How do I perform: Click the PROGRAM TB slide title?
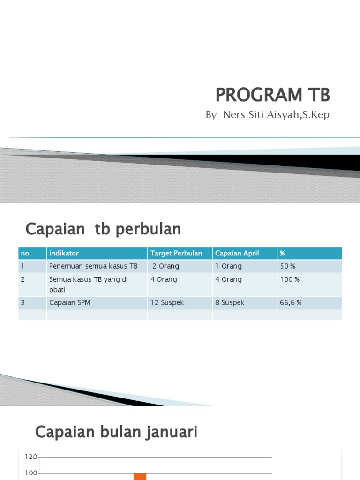[x=272, y=95]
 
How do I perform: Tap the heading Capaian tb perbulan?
[x=103, y=229]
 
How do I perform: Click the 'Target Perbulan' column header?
[x=176, y=253]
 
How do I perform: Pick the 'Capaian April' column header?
[x=237, y=253]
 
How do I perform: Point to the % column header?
[x=283, y=253]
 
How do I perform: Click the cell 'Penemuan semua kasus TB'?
[x=93, y=266]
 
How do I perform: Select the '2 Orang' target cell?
[x=165, y=266]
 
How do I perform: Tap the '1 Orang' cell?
[x=228, y=266]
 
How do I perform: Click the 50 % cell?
[x=287, y=266]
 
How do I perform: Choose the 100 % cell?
[x=289, y=279]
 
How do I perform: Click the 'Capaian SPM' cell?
[x=69, y=303]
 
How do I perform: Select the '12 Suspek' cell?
[x=167, y=303]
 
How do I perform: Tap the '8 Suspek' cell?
[x=230, y=303]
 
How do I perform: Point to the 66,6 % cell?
[x=291, y=303]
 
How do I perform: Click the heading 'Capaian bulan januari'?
[x=116, y=432]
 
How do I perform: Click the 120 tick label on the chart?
[x=31, y=457]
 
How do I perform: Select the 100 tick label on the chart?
[x=31, y=473]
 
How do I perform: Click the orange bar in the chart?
[x=140, y=477]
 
